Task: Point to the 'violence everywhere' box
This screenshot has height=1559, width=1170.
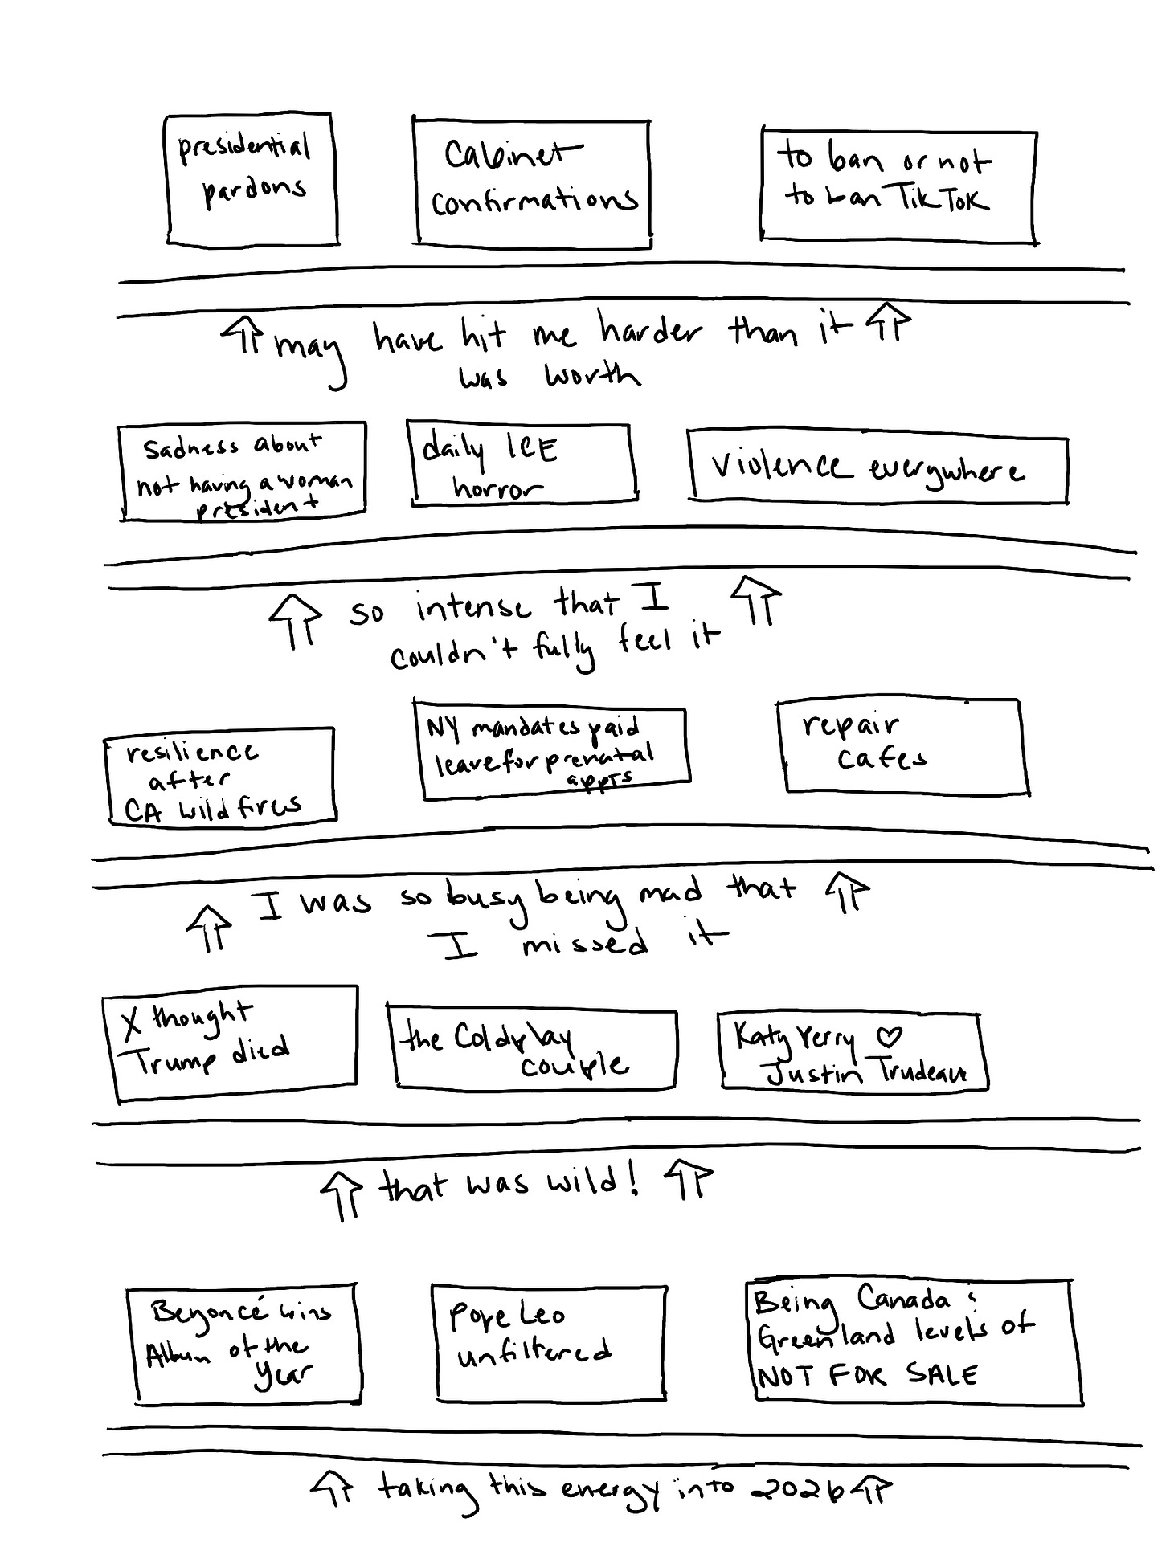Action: point(877,470)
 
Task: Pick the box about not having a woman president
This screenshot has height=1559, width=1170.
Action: point(243,472)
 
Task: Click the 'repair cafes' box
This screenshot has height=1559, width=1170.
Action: point(902,746)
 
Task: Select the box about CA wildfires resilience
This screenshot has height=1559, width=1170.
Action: point(219,777)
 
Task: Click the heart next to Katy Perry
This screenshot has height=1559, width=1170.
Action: point(888,1036)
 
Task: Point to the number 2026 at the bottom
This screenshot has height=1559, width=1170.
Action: point(797,1489)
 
